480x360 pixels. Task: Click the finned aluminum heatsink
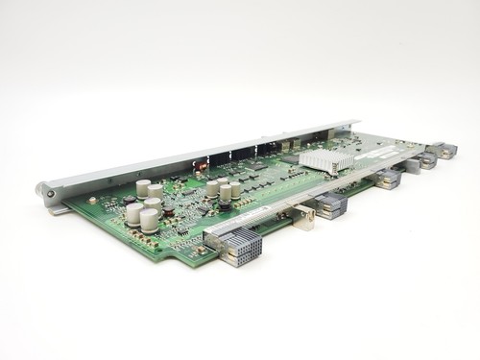[326, 161]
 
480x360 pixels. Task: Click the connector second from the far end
[425, 158]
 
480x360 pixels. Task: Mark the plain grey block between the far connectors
[410, 166]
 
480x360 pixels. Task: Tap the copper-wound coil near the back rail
[202, 166]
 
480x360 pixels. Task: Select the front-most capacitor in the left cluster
[149, 220]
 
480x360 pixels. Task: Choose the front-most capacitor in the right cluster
[212, 189]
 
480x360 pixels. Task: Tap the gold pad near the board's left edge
[92, 201]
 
